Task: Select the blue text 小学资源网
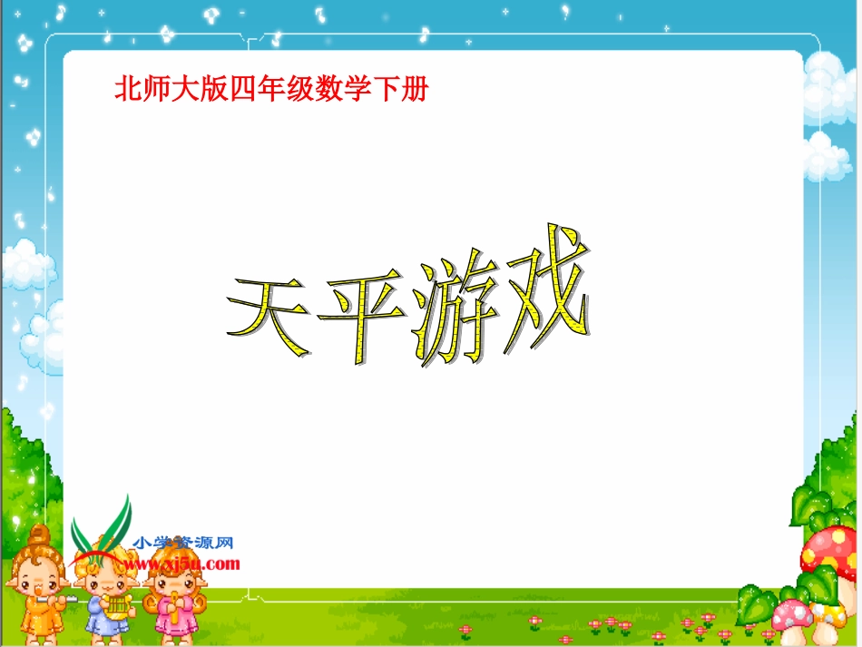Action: coord(183,544)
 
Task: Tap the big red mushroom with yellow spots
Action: coord(827,554)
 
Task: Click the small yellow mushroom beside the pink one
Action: coord(828,622)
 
